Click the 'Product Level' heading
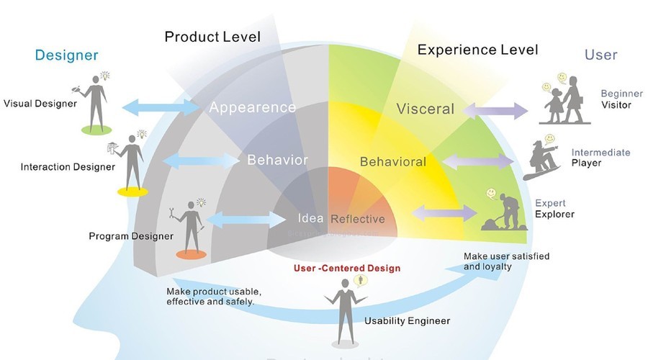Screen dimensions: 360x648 point(212,36)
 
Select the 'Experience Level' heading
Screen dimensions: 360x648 point(477,50)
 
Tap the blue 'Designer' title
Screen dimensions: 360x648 point(66,55)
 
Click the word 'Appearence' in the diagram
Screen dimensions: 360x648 point(252,107)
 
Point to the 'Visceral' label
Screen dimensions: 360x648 point(426,109)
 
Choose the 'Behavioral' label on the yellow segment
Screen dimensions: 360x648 point(393,161)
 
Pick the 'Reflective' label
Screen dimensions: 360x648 point(357,219)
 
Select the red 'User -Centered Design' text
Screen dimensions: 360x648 point(347,268)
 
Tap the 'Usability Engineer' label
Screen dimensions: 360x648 point(407,321)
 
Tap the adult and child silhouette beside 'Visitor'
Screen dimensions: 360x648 point(564,102)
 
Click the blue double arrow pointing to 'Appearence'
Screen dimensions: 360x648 point(162,107)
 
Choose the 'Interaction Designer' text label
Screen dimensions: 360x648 point(68,167)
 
